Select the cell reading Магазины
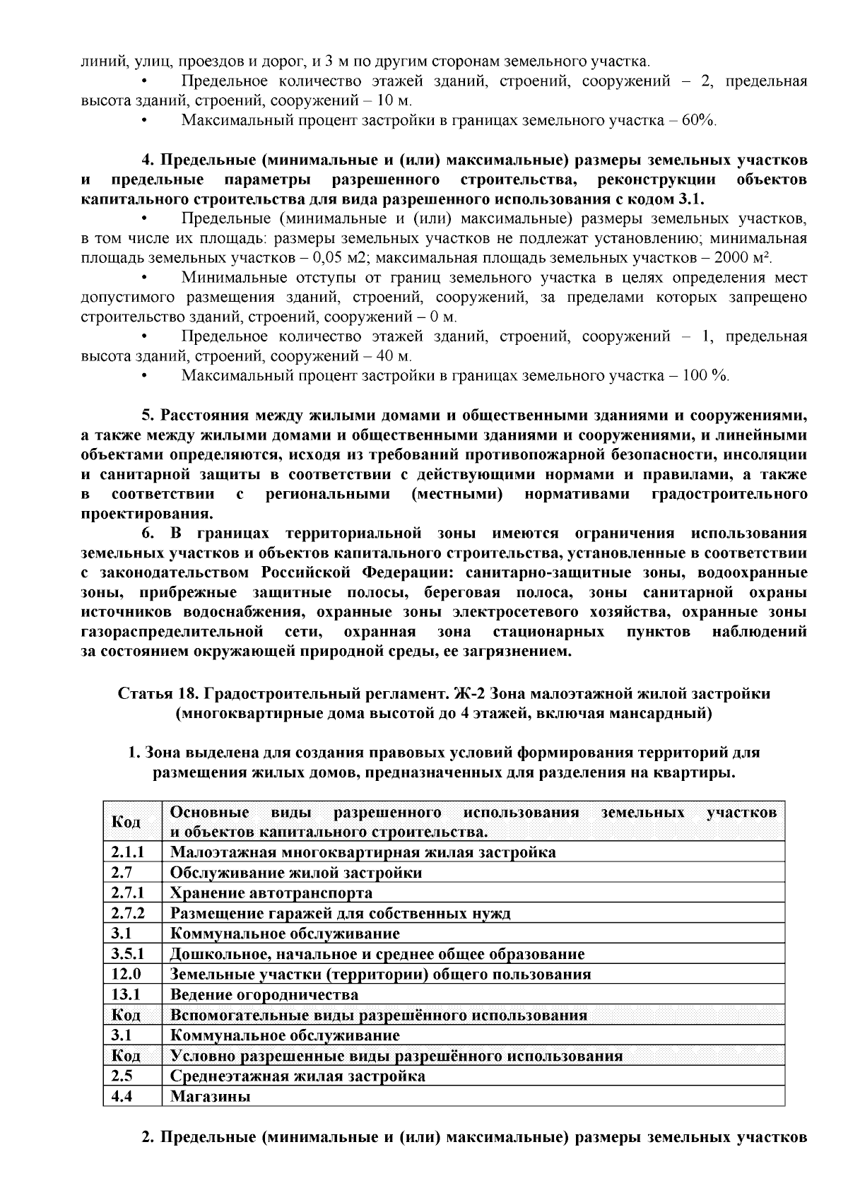click(211, 1097)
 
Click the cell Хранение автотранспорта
click(271, 893)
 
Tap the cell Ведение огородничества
click(264, 995)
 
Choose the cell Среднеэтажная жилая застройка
click(298, 1076)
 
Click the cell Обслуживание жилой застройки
click(296, 873)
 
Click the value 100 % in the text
click(705, 375)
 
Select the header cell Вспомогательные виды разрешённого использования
click(379, 1016)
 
